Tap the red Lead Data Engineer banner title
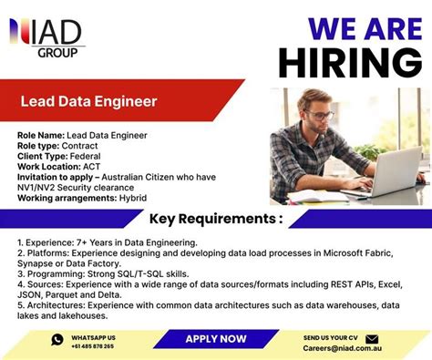[x=89, y=101]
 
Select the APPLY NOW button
[x=216, y=338]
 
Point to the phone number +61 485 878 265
[x=92, y=346]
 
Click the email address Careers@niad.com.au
[x=342, y=346]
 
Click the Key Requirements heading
[x=215, y=219]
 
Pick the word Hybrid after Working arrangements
[x=132, y=198]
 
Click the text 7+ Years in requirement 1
[x=101, y=242]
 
